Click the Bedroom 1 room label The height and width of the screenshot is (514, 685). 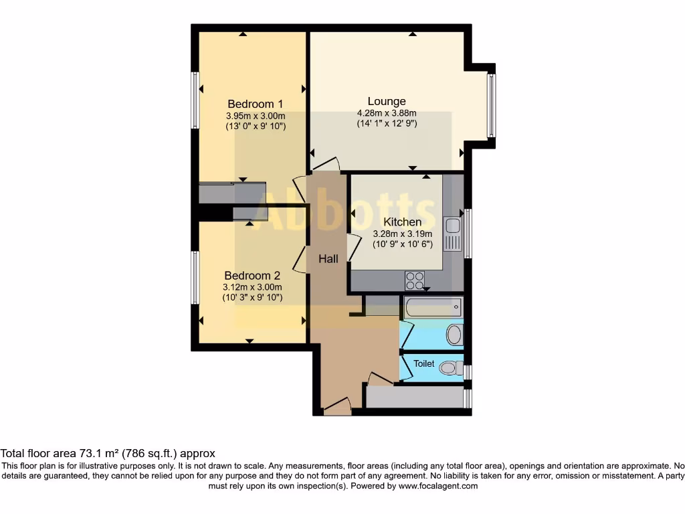tap(255, 104)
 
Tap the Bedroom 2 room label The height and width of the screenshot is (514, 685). tap(252, 276)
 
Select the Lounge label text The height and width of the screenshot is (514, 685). tap(387, 102)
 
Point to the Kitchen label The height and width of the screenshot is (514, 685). tap(402, 222)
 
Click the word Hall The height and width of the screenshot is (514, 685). tap(328, 259)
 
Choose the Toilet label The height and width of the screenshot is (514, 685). tap(423, 364)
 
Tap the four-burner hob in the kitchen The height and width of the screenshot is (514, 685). tap(415, 280)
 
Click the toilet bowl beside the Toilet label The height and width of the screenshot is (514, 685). tap(453, 367)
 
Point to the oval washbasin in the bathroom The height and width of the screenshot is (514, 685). tap(454, 334)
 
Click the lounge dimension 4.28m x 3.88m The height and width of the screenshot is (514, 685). tap(387, 113)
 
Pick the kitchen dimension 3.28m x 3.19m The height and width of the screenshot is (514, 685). tap(402, 234)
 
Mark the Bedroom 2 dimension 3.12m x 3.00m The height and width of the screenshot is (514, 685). tap(252, 287)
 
